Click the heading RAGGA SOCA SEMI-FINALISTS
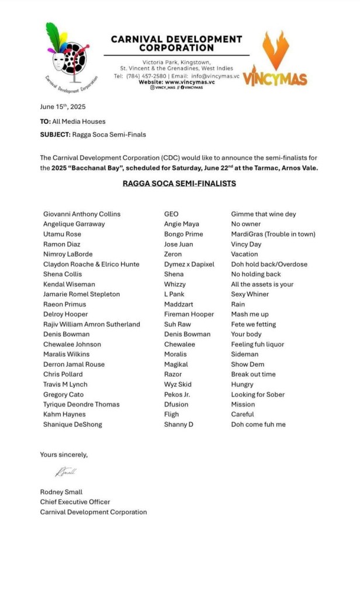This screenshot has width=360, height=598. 179,183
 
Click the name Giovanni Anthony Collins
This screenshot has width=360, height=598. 82,214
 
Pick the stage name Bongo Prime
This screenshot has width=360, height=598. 184,234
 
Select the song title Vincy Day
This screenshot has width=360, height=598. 246,244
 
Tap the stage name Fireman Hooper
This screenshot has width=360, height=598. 189,314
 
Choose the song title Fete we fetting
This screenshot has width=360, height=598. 254,324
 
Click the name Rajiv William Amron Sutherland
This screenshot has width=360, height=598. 92,324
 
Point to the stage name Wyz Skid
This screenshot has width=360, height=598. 178,384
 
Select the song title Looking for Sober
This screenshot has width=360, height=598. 258,394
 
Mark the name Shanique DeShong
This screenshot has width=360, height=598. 72,425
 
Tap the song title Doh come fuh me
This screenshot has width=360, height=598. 258,425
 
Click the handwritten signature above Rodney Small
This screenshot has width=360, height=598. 65,472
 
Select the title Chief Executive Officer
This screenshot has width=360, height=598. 75,502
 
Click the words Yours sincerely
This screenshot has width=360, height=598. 64,454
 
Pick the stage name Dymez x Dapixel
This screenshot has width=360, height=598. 189,264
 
